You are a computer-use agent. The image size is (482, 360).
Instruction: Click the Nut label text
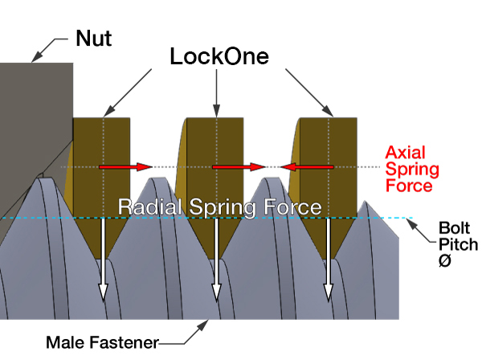pyautogui.click(x=96, y=38)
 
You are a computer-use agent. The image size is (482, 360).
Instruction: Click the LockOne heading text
pyautogui.click(x=219, y=56)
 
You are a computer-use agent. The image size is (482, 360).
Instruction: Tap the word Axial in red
pyautogui.click(x=404, y=152)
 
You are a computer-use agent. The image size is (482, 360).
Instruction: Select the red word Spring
pyautogui.click(x=412, y=169)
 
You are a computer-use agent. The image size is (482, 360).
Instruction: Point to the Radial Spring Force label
pyautogui.click(x=220, y=207)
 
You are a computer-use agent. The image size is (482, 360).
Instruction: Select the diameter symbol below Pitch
pyautogui.click(x=445, y=260)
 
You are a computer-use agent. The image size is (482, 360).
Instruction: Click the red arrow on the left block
pyautogui.click(x=125, y=167)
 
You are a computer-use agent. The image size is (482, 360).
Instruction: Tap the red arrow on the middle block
pyautogui.click(x=239, y=167)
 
